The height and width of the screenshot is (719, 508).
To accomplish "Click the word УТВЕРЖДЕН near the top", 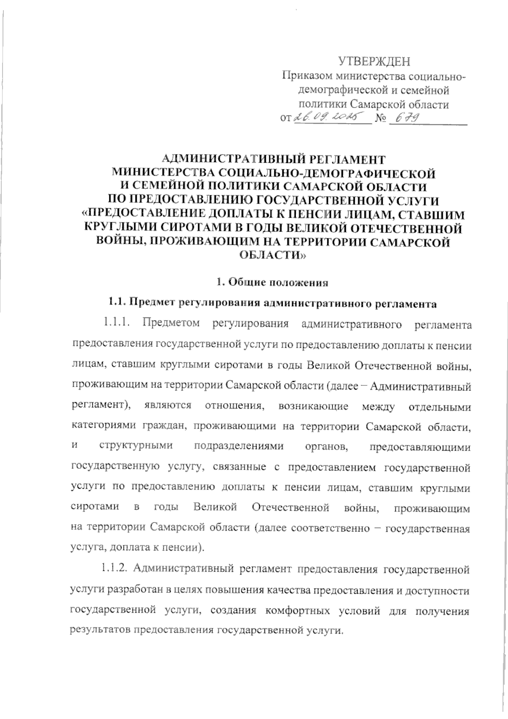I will (375, 62).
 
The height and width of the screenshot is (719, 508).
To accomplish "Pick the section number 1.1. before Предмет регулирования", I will (117, 303).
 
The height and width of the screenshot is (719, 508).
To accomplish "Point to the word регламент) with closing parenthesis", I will (100, 406).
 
